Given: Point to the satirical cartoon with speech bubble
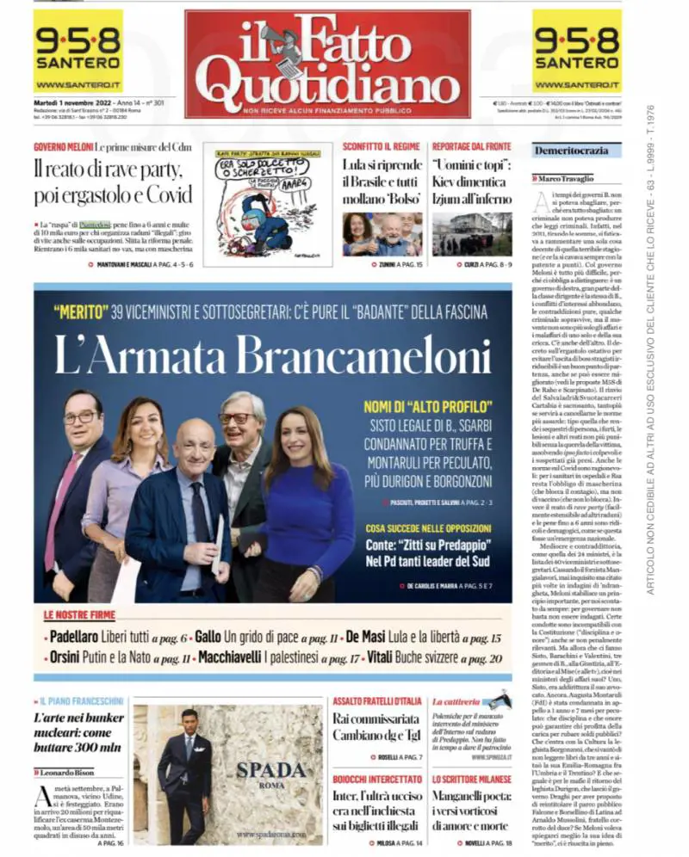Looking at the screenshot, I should pos(267,203).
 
